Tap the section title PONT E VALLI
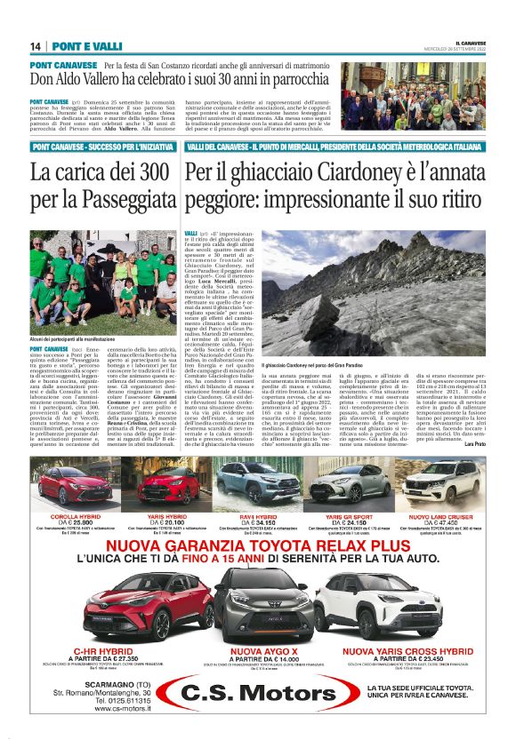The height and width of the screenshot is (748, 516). tap(85, 46)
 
